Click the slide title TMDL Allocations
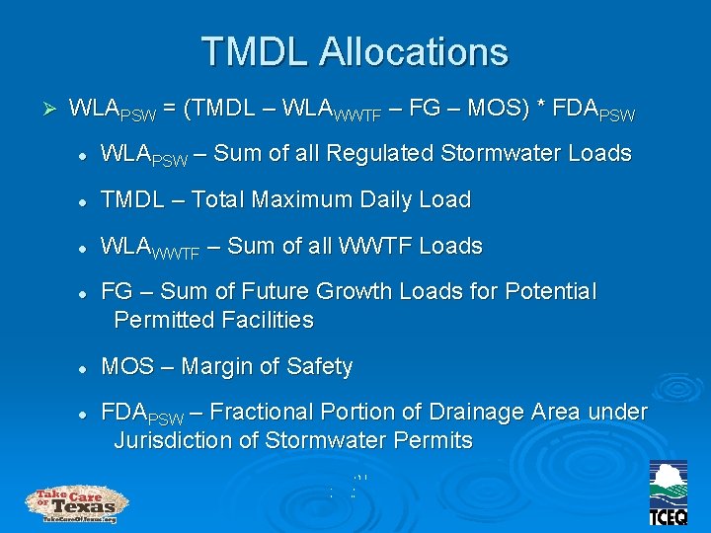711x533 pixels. tap(355, 51)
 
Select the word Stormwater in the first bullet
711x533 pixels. tap(464, 153)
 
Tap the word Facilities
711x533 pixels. tap(261, 320)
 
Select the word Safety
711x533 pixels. tap(319, 367)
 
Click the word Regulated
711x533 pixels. tap(370, 153)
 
